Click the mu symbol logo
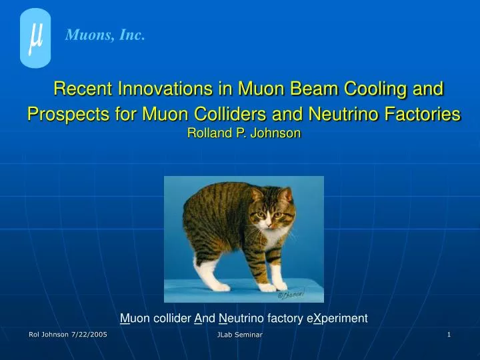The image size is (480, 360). [x=35, y=38]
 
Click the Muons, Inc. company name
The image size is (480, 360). [x=105, y=36]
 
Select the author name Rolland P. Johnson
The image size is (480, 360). [x=244, y=133]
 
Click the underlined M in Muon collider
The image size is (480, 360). [x=125, y=319]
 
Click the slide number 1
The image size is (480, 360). [x=449, y=335]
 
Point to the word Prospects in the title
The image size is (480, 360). [x=66, y=114]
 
